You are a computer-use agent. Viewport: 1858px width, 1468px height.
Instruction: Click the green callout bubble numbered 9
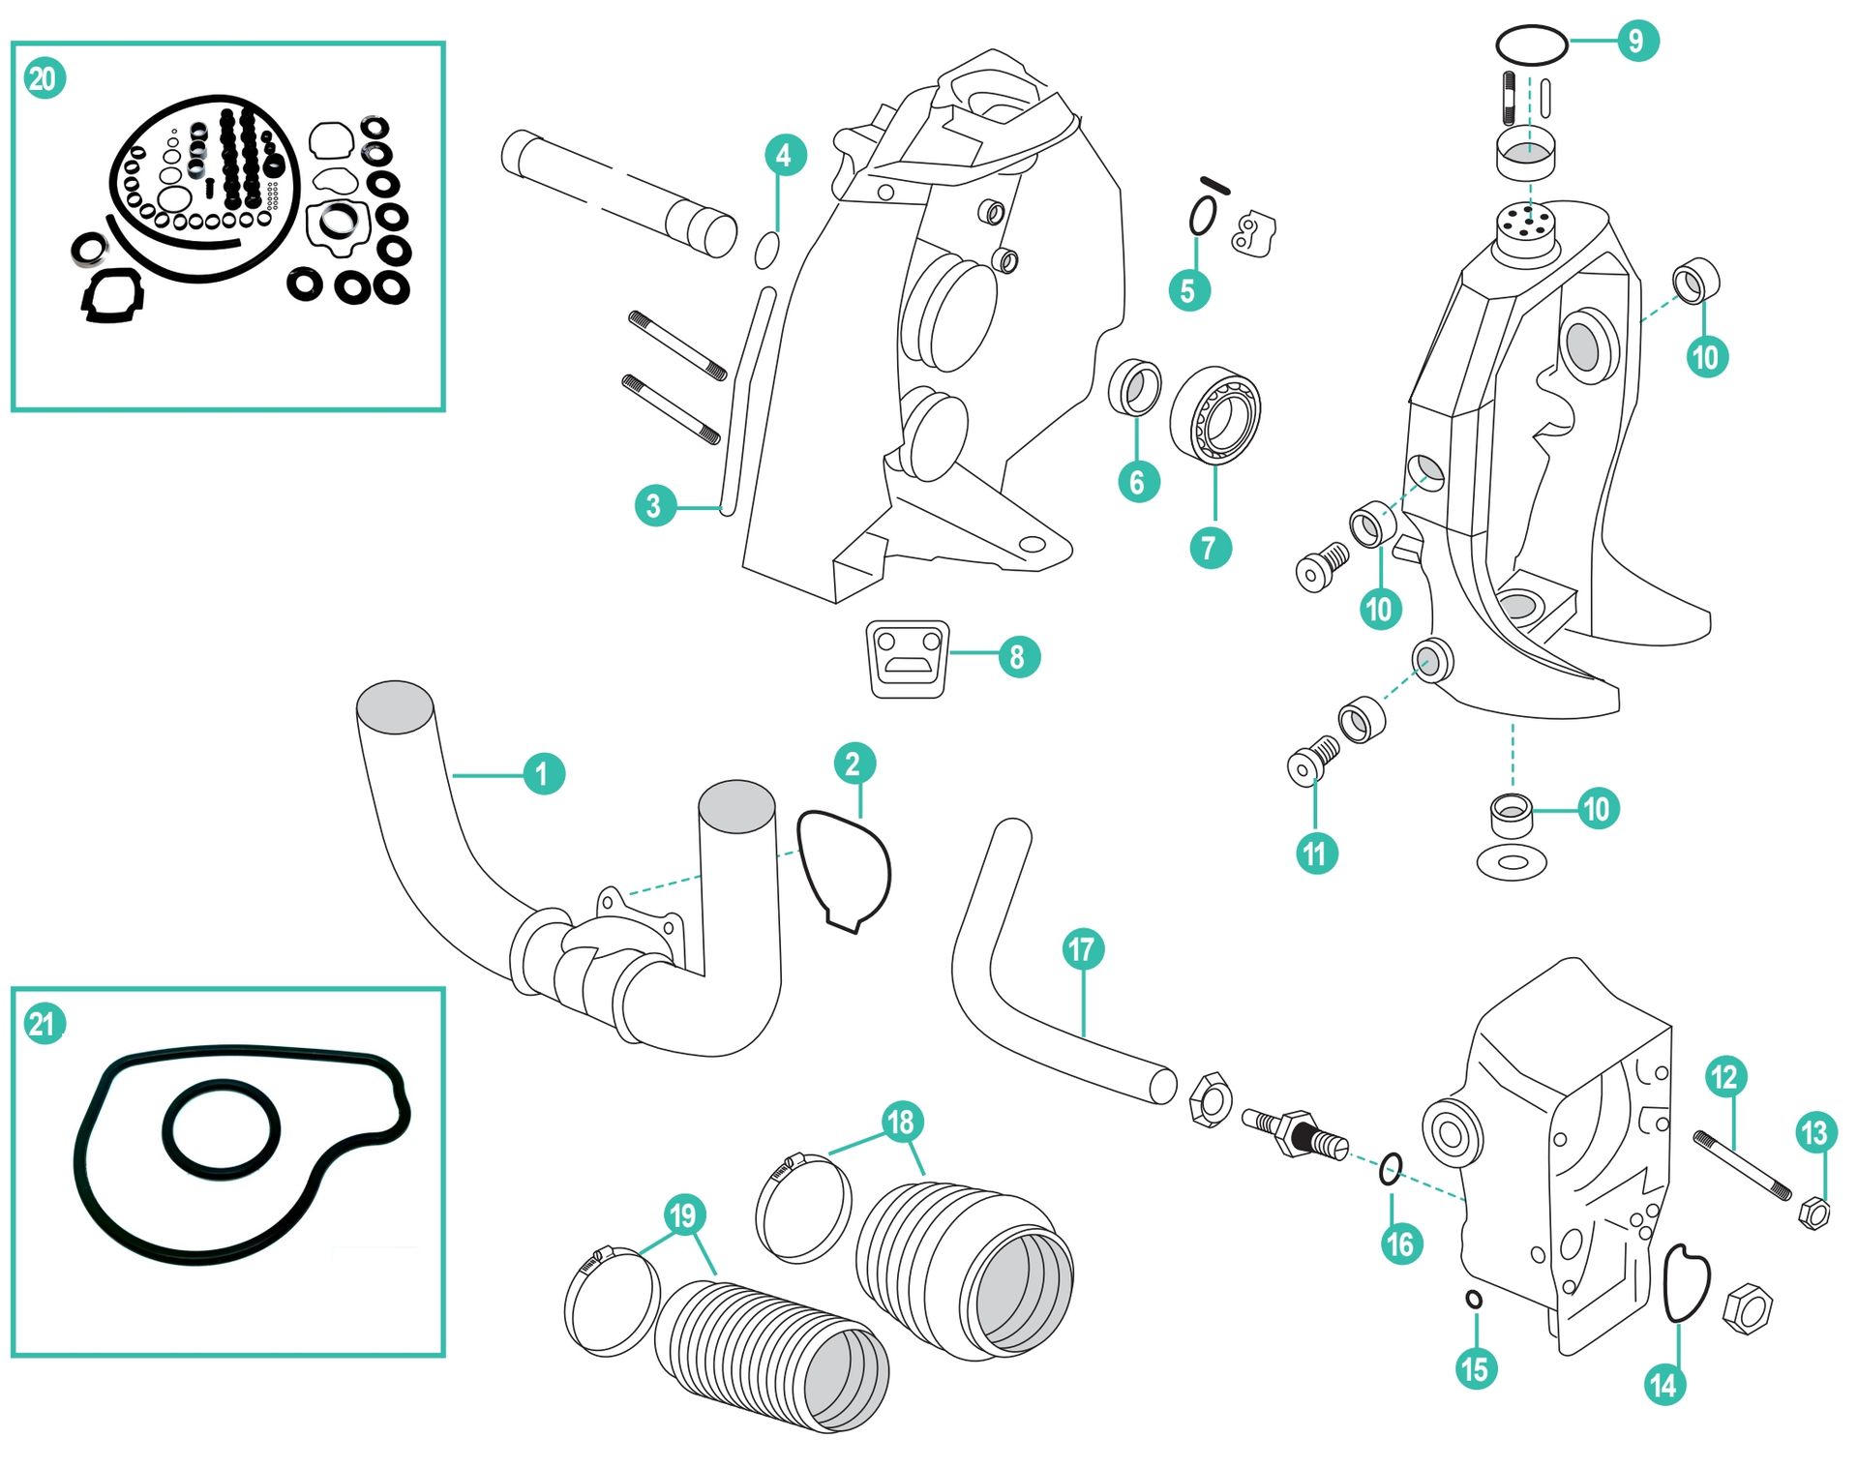[x=1636, y=41]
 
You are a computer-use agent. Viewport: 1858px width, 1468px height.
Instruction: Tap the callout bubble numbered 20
[x=45, y=78]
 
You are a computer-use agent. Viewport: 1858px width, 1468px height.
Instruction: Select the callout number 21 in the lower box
[x=45, y=1024]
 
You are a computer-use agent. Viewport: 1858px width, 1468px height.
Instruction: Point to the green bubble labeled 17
[x=1082, y=949]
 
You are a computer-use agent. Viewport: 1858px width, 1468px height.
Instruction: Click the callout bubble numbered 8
[x=1017, y=657]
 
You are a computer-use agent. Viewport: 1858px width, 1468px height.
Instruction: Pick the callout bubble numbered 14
[x=1663, y=1385]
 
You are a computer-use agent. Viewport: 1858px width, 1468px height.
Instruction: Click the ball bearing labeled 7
[x=1215, y=415]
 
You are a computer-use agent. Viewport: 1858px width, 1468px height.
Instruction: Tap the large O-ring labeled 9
[x=1531, y=45]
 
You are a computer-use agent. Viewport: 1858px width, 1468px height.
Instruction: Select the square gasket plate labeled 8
[x=907, y=659]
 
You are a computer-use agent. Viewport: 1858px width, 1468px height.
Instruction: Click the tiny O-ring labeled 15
[x=1474, y=1300]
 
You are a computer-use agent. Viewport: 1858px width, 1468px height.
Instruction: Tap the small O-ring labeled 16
[x=1391, y=1169]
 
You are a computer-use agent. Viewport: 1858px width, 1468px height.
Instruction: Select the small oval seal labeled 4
[x=766, y=251]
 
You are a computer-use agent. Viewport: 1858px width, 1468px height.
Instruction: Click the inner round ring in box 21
[x=222, y=1128]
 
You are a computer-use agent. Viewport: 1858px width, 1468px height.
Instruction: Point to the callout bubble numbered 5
[x=1188, y=290]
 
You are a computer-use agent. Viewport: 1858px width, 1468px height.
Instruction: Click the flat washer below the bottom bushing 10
[x=1512, y=862]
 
